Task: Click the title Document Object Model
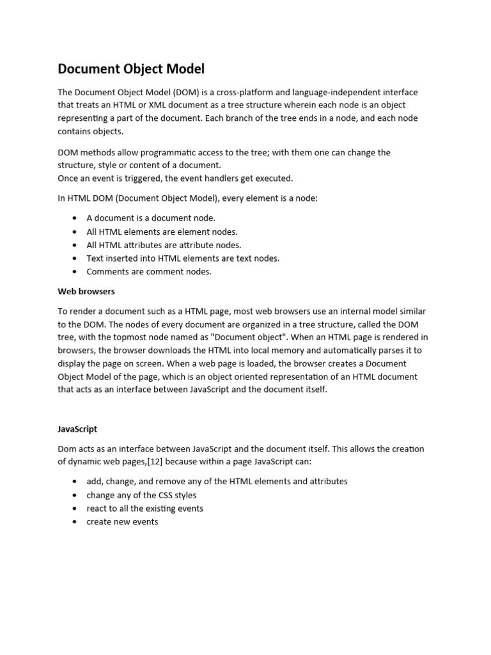pyautogui.click(x=131, y=69)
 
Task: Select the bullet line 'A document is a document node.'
pyautogui.click(x=151, y=218)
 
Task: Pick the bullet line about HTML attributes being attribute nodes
pyautogui.click(x=164, y=245)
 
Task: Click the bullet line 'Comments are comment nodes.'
pyautogui.click(x=148, y=271)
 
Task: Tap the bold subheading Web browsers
pyautogui.click(x=86, y=291)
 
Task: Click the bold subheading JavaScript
pyautogui.click(x=77, y=429)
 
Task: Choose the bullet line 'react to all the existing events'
pyautogui.click(x=144, y=509)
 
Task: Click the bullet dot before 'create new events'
pyautogui.click(x=75, y=522)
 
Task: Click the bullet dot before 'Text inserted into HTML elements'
pyautogui.click(x=75, y=258)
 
